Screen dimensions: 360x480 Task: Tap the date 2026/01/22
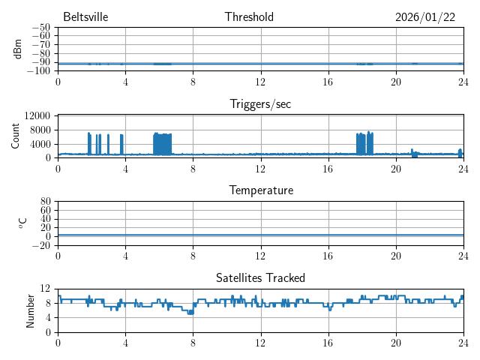pos(424,17)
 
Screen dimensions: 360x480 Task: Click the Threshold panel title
pos(260,17)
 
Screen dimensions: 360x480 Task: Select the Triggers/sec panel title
pos(260,104)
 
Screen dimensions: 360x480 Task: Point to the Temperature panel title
pos(260,190)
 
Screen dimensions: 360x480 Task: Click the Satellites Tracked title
pos(260,278)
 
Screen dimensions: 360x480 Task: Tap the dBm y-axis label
pos(18,49)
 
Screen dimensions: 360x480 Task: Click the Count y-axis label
pos(16,136)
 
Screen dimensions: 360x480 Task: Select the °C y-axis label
pos(23,223)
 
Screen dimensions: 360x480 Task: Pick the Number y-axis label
pos(31,310)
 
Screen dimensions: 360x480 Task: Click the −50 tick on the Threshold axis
pos(42,28)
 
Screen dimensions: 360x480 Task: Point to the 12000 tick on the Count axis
pos(37,115)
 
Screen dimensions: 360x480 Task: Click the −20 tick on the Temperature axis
pos(42,245)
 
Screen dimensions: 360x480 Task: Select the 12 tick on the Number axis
pos(46,289)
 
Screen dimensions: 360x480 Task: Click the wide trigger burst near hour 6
pos(162,143)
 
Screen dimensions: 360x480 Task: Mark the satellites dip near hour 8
pos(190,311)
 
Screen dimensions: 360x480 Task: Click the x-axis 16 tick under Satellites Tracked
pos(328,343)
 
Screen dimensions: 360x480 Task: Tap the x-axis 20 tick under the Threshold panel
pos(395,82)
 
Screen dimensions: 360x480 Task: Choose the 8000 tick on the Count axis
pos(40,130)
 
